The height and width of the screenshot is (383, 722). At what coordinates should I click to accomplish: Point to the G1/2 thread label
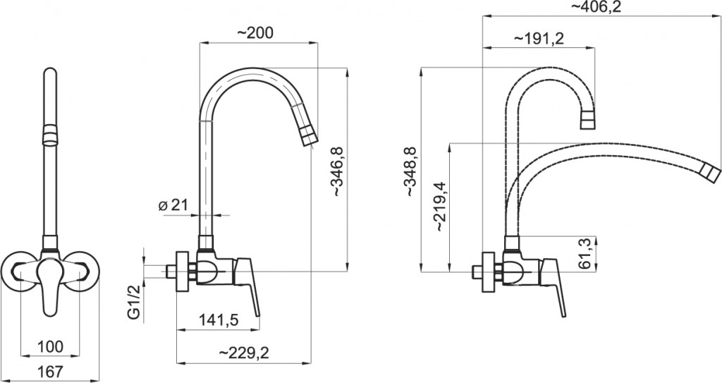[133, 303]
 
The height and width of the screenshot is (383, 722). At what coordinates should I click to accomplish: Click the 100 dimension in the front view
[50, 346]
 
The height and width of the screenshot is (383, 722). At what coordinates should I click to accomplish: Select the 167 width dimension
[50, 371]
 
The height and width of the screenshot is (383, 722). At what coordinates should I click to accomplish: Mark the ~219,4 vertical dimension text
[439, 205]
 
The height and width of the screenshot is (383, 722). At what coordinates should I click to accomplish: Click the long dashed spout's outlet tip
[711, 174]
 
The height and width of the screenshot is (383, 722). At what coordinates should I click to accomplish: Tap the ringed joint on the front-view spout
[50, 132]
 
